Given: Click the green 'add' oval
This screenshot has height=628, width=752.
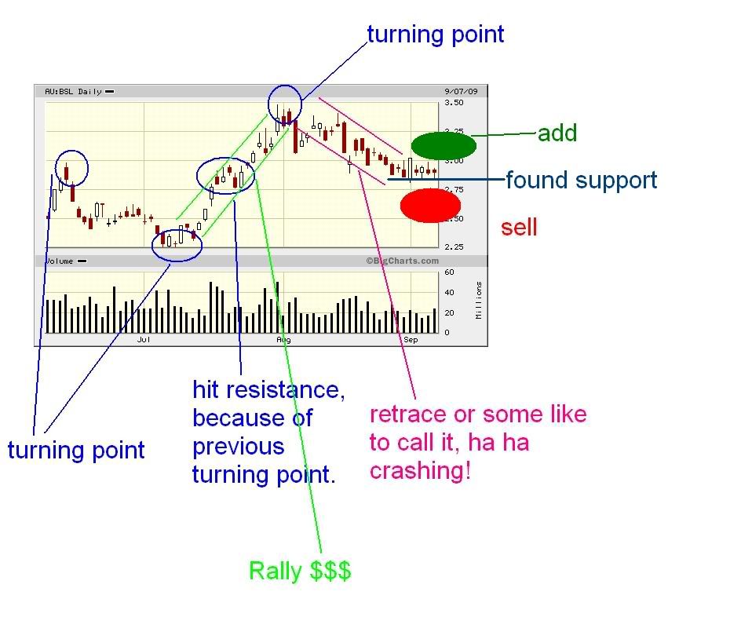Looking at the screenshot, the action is pyautogui.click(x=444, y=145).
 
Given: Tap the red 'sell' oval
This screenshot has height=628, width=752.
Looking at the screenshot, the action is pyautogui.click(x=430, y=206).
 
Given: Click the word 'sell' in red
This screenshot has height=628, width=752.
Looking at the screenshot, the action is pyautogui.click(x=519, y=228).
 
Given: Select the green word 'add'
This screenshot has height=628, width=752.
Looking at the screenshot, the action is pyautogui.click(x=557, y=133).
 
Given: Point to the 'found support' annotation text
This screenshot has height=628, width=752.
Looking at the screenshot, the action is pyautogui.click(x=581, y=181).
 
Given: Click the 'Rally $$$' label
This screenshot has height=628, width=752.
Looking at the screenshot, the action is pyautogui.click(x=300, y=571).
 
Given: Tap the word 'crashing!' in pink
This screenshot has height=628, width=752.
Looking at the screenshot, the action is pyautogui.click(x=420, y=471).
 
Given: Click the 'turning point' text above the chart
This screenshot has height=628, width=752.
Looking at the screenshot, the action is pyautogui.click(x=436, y=35).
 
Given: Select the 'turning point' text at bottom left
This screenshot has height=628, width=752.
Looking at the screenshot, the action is pyautogui.click(x=76, y=450).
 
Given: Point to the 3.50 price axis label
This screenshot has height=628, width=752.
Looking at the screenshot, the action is pyautogui.click(x=454, y=103).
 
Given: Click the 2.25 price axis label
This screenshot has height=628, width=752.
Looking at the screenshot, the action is pyautogui.click(x=454, y=247).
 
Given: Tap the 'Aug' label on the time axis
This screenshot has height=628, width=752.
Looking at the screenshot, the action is pyautogui.click(x=283, y=340).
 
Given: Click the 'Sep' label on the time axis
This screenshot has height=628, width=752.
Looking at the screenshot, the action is pyautogui.click(x=411, y=340).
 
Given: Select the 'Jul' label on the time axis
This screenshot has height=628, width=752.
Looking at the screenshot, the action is pyautogui.click(x=144, y=340).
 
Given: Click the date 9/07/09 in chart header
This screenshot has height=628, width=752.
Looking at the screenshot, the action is pyautogui.click(x=461, y=91).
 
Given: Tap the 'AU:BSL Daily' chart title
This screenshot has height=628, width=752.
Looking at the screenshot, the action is pyautogui.click(x=73, y=91).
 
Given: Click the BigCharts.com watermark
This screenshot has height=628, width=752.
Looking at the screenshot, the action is pyautogui.click(x=403, y=261).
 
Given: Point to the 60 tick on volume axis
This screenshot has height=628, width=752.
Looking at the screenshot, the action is pyautogui.click(x=449, y=272).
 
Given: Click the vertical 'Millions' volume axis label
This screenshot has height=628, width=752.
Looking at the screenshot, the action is pyautogui.click(x=479, y=301).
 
